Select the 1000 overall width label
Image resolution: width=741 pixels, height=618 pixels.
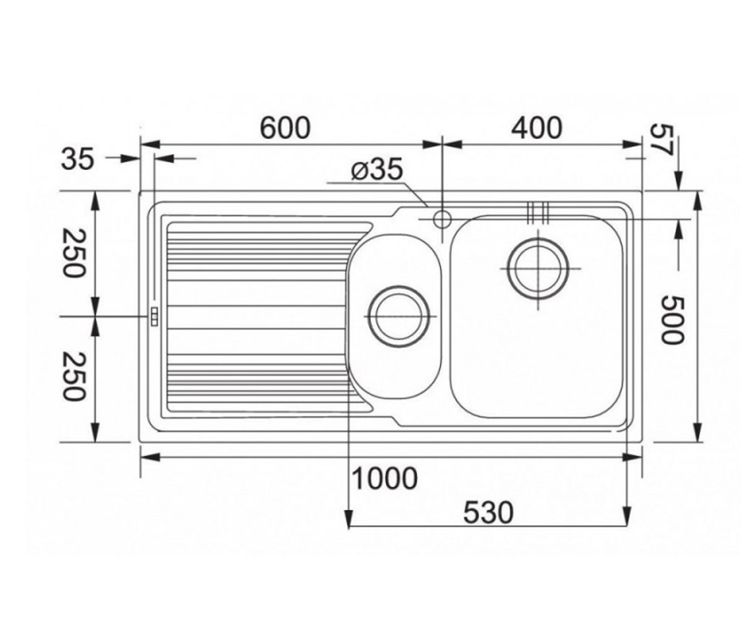click(385, 478)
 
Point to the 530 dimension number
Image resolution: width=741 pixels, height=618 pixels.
click(488, 513)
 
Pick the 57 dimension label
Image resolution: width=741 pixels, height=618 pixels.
click(661, 140)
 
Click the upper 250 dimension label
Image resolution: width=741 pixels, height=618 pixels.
click(73, 253)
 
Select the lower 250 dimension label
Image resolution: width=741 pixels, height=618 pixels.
click(73, 376)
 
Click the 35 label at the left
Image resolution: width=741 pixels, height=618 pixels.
click(78, 159)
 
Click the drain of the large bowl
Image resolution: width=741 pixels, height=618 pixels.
click(538, 268)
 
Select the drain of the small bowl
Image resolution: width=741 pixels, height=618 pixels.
click(399, 316)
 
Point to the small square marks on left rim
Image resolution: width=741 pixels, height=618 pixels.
click(154, 316)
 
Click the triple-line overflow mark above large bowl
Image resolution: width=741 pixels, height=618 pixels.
click(538, 213)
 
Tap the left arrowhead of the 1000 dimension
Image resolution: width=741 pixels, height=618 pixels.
click(151, 457)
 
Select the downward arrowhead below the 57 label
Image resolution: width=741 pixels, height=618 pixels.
click(679, 182)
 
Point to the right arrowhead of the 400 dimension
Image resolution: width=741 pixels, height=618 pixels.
click(633, 145)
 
